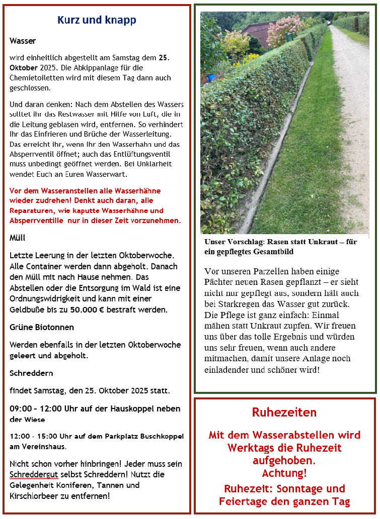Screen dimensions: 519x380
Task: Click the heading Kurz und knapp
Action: [x=97, y=20]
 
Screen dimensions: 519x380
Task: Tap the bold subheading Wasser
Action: [x=23, y=41]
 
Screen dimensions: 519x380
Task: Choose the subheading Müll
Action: [x=18, y=238]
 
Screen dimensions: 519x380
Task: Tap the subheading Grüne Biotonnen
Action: [x=42, y=327]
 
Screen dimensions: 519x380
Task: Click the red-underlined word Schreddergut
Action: [x=30, y=475]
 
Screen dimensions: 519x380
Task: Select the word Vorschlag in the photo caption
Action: [x=242, y=242]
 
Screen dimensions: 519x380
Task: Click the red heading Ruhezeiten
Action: [x=284, y=412]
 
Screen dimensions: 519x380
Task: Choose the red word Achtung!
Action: [x=284, y=473]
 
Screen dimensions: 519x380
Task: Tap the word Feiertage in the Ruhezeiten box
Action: [x=247, y=501]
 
